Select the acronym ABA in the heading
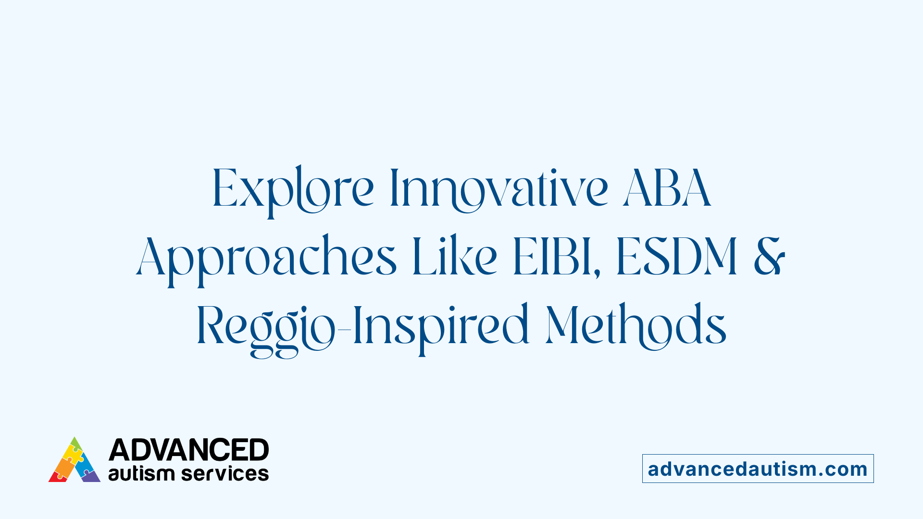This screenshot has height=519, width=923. pyautogui.click(x=667, y=188)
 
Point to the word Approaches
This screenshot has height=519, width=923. pyautogui.click(x=266, y=258)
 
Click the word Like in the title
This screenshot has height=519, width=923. pyautogui.click(x=455, y=257)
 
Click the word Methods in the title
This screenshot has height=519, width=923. pyautogui.click(x=636, y=326)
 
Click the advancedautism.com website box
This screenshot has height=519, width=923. pyautogui.click(x=758, y=469)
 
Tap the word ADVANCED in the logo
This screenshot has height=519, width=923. pyautogui.click(x=188, y=450)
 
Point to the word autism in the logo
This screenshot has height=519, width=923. pyautogui.click(x=141, y=474)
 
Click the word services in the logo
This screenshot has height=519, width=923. pyautogui.click(x=225, y=474)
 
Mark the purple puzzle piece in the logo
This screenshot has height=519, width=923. pyautogui.click(x=91, y=477)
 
